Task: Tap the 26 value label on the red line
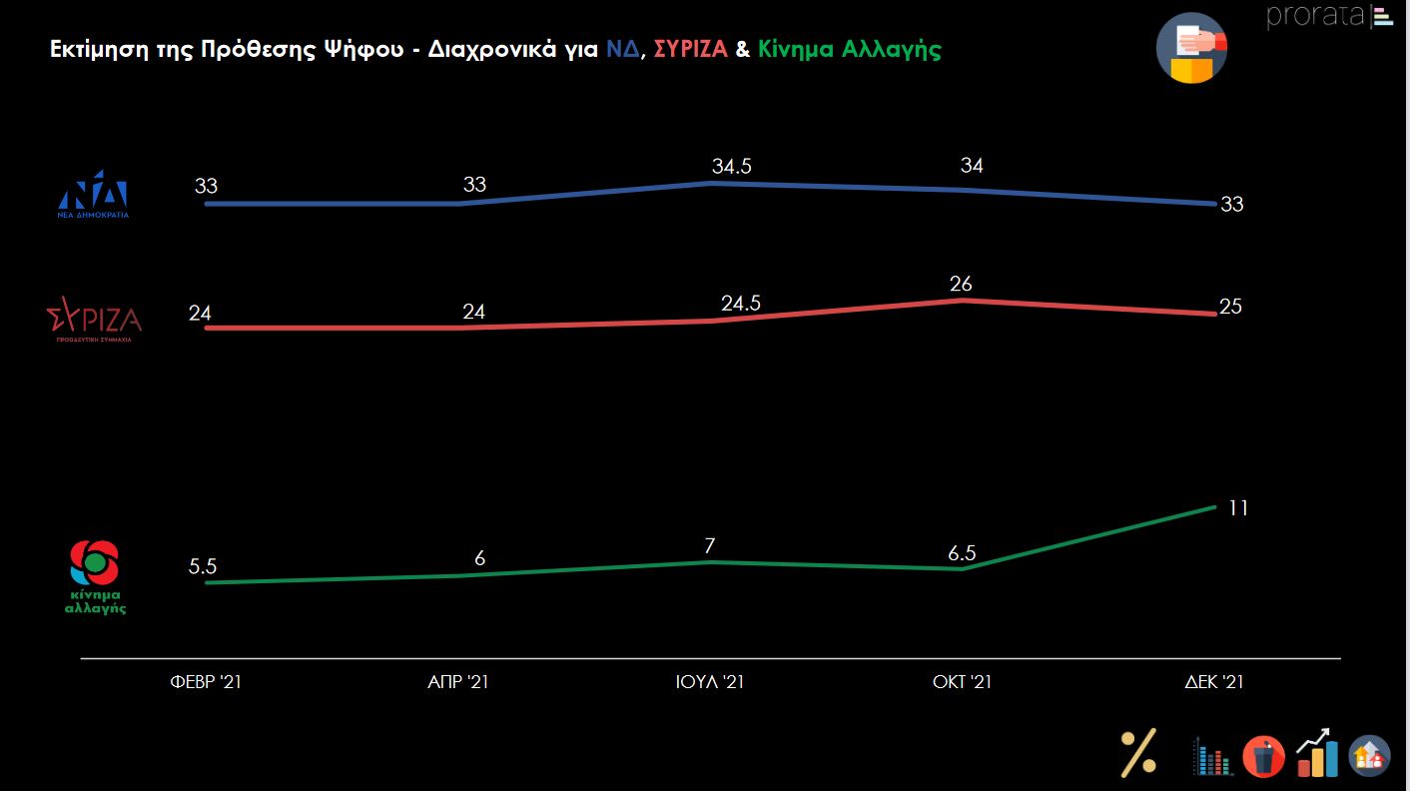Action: pos(962,285)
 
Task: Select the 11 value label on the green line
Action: pos(1238,508)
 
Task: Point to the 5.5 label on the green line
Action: pos(203,566)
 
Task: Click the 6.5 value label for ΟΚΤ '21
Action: pos(962,552)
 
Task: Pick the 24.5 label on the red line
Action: pos(740,304)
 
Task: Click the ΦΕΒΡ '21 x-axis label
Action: pos(206,683)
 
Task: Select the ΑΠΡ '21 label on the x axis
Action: pos(458,683)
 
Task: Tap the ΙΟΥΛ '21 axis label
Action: pos(710,683)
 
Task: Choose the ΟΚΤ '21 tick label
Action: pos(963,683)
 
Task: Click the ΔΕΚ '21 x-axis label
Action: pos(1214,683)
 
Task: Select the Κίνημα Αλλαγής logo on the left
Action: pos(95,577)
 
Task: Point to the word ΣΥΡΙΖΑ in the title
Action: pos(690,50)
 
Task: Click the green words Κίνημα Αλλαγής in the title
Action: pos(850,50)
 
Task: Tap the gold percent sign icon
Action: pos(1138,753)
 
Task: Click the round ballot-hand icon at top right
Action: pos(1192,47)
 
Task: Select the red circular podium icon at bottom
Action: pos(1263,757)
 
